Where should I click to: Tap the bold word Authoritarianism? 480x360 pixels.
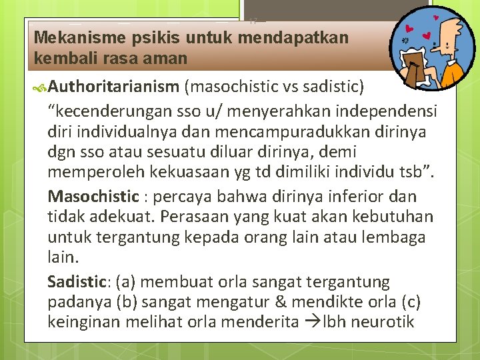[113, 86]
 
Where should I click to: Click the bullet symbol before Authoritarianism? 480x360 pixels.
[41, 87]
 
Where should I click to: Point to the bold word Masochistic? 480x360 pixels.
[93, 197]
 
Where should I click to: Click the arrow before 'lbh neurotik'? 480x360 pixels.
[313, 323]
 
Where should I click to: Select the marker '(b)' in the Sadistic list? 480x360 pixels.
[125, 302]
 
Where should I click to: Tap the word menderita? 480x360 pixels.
[263, 323]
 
